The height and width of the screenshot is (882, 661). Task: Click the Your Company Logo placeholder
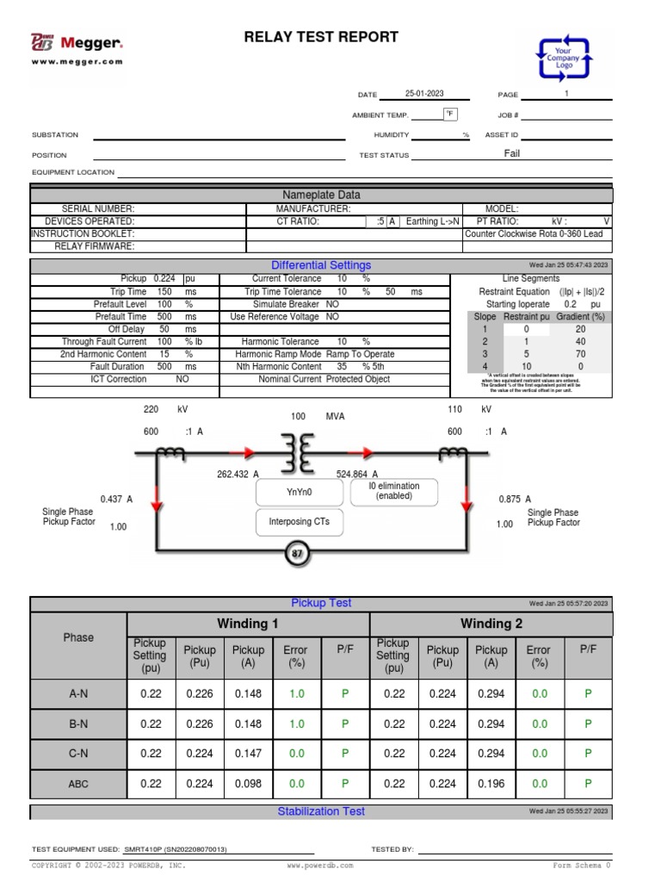[564, 58]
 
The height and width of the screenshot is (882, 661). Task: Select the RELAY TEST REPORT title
[321, 37]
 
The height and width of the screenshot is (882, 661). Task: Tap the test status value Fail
[512, 154]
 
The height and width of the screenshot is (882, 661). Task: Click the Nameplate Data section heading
[321, 196]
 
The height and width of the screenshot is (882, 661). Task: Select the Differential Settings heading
[321, 265]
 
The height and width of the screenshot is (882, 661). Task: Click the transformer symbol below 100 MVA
[298, 452]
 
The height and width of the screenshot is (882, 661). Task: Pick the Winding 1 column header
[247, 624]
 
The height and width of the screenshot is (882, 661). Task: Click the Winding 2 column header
[491, 624]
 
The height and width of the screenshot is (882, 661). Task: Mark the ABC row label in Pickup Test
[78, 784]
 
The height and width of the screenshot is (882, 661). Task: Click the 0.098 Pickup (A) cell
[249, 784]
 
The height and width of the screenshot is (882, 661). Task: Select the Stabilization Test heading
[321, 811]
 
